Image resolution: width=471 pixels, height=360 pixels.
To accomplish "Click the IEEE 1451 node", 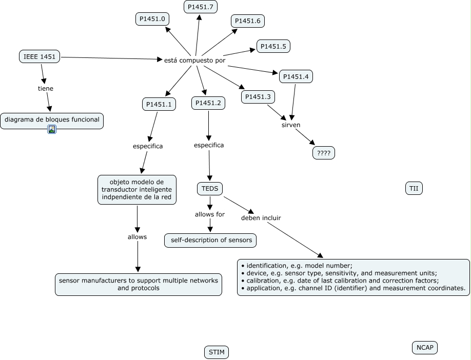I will click(x=40, y=56).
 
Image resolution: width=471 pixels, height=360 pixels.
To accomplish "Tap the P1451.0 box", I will click(x=152, y=19).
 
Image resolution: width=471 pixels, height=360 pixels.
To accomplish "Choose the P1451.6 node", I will click(x=248, y=21).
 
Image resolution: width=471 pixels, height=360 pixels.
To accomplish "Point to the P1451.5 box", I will click(x=273, y=46).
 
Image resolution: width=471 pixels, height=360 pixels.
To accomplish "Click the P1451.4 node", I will click(x=296, y=77).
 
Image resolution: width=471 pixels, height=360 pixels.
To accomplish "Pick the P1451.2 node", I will click(x=208, y=103).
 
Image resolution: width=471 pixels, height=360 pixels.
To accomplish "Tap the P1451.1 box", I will click(x=159, y=104).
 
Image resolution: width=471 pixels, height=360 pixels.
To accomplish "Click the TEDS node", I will click(x=209, y=189).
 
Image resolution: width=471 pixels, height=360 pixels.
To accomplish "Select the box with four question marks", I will click(x=324, y=152).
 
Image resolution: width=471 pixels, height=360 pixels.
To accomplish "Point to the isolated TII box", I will click(x=414, y=189).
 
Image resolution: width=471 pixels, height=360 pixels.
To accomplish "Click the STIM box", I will click(x=217, y=352).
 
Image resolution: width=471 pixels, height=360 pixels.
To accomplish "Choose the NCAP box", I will click(x=425, y=348).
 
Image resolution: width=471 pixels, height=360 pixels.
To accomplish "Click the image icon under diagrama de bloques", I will click(x=52, y=129).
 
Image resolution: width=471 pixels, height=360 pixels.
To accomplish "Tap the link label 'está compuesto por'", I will click(x=194, y=60).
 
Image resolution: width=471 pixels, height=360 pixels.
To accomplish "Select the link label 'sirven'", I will click(x=291, y=125).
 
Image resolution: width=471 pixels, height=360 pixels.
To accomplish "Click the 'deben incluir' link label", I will click(x=261, y=217).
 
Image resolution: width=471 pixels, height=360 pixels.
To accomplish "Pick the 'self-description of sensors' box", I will click(x=210, y=240).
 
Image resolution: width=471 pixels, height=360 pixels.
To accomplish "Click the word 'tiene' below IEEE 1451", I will click(x=46, y=88).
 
